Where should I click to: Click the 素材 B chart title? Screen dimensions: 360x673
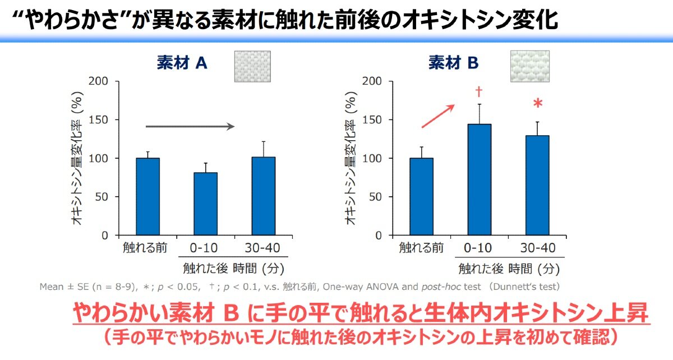(x=454, y=63)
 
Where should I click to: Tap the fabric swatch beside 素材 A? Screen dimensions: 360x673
(x=252, y=66)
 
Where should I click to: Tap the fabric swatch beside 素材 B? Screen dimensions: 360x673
(x=529, y=66)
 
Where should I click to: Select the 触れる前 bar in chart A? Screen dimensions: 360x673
(x=148, y=196)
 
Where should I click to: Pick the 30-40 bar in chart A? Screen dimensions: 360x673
(x=264, y=196)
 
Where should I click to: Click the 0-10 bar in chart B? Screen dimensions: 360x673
(x=480, y=179)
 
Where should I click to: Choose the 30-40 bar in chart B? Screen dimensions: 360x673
(x=537, y=185)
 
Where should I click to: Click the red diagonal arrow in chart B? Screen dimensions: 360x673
(x=438, y=116)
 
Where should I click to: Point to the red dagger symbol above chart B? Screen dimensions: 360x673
(x=479, y=91)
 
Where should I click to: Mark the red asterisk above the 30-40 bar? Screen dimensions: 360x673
(x=538, y=105)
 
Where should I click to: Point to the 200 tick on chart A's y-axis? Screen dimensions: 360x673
(x=99, y=81)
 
